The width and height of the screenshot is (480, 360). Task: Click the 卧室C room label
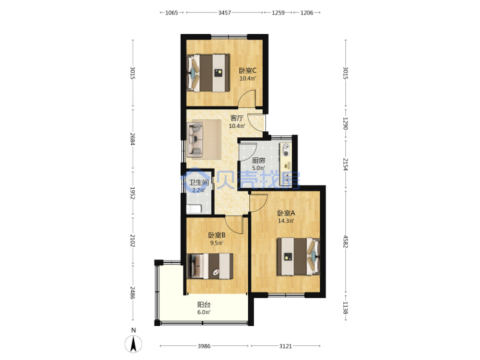pos(247,71)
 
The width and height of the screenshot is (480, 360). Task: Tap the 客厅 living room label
pos(237,118)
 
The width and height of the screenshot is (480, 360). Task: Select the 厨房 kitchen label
pos(259,161)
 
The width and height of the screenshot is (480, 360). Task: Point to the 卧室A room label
pos(286,213)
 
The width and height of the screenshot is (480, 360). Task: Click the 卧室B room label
pos(217,235)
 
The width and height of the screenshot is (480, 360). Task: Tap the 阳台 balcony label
pos(204,305)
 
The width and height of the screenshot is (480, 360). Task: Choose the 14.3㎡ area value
pos(286,221)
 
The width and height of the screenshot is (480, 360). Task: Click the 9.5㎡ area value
pos(217,243)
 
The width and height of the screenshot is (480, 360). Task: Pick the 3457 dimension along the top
pos(225,13)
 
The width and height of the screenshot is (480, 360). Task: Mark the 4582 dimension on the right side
pos(345,241)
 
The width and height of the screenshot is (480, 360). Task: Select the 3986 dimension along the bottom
pos(204,346)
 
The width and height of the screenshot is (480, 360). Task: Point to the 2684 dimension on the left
pos(133,139)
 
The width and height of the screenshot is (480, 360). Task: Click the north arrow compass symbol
pos(133,344)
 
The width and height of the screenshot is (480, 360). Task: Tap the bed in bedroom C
pos(208,73)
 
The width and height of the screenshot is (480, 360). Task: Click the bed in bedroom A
pos(299,257)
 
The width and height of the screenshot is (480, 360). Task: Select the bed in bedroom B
pos(210,266)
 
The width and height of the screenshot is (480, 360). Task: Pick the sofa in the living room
pos(195,139)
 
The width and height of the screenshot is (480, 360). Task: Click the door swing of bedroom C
pos(247,98)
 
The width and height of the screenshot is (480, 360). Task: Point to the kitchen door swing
pos(249,152)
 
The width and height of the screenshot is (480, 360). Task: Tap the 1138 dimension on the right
pos(345,307)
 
